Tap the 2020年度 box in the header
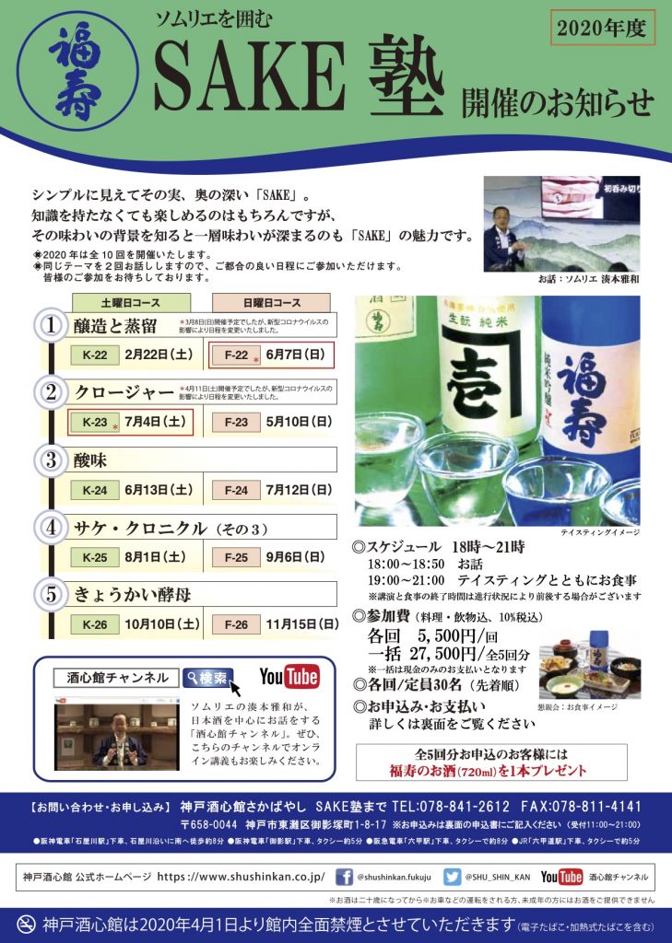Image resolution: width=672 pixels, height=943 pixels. (x=604, y=28)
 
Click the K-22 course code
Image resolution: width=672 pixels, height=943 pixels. (x=95, y=355)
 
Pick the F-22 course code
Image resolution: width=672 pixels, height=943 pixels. (x=236, y=355)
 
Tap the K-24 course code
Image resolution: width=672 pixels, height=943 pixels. (x=95, y=490)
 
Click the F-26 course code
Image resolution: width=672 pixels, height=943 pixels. (x=236, y=624)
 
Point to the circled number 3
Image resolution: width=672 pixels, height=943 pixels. (x=52, y=459)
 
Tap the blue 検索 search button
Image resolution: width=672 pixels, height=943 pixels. (x=207, y=678)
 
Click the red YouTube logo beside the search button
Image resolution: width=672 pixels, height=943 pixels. (x=289, y=677)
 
